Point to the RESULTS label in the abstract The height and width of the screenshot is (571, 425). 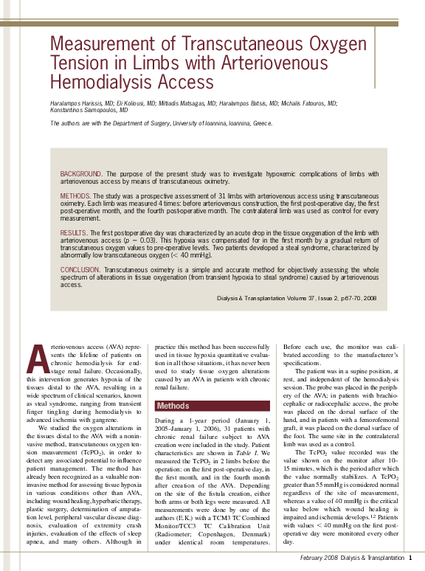(x=74, y=232)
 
